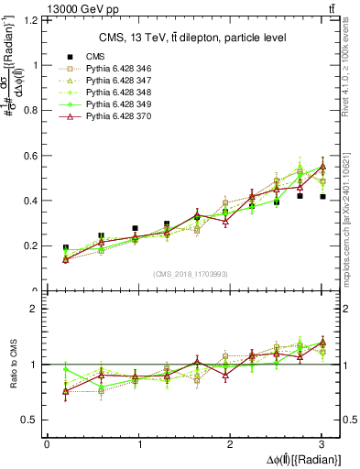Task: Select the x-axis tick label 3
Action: (x=322, y=444)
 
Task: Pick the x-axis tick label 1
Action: (x=139, y=444)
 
